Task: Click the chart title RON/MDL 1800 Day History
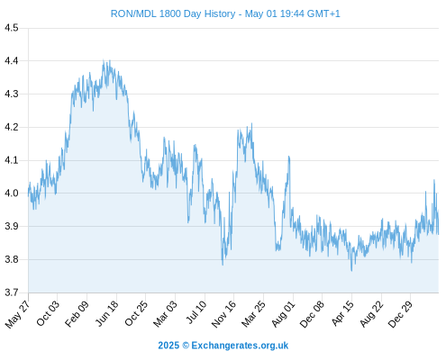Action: (173, 13)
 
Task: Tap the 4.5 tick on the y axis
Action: (12, 28)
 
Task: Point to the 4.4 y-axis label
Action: (12, 61)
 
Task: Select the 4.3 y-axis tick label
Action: (12, 94)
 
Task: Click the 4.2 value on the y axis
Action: (12, 127)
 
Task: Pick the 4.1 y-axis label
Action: (12, 160)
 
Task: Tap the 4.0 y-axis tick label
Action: (12, 193)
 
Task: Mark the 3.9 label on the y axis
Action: (12, 226)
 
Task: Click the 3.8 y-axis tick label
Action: (12, 259)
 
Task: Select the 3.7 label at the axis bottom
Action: (12, 292)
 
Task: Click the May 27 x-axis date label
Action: (17, 314)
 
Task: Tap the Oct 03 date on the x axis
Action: (48, 313)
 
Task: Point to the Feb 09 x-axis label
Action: (77, 313)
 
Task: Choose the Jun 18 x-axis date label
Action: (107, 313)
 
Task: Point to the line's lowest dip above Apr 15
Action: (351, 271)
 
